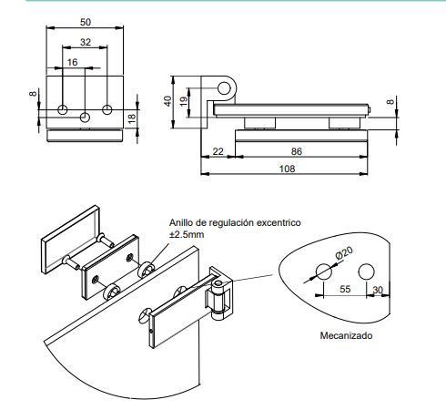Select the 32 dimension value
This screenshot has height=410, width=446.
tap(85, 42)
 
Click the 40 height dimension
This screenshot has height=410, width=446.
tap(167, 101)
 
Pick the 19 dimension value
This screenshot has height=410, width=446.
tap(185, 101)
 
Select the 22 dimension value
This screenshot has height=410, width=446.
tap(218, 151)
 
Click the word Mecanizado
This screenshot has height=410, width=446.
tap(345, 334)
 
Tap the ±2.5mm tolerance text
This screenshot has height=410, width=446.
tap(187, 234)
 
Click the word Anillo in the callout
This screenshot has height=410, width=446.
tap(185, 221)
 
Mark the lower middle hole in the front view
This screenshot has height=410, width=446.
tap(85, 117)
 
